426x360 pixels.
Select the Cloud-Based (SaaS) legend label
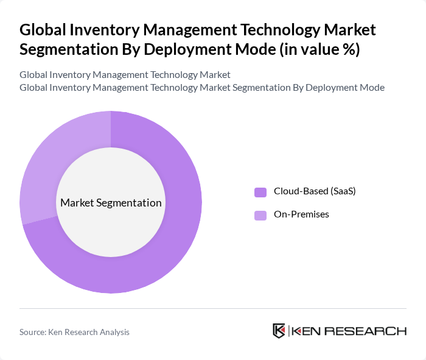point(314,191)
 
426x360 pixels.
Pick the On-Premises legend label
point(301,214)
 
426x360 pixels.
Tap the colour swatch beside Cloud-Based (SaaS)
point(260,192)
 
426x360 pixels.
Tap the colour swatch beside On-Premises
point(260,215)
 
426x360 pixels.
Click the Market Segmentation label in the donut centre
point(111,203)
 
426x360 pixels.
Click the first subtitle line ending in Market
point(125,75)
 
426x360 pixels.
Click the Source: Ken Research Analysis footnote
point(74,332)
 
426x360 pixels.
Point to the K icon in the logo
point(279,331)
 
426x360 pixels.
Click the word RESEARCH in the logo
point(371,331)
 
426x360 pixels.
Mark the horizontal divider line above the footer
point(213,308)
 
